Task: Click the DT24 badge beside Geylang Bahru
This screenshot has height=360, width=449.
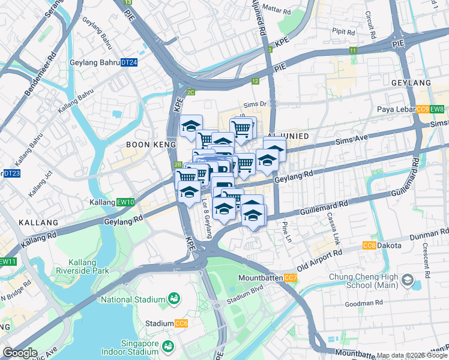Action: coord(129,62)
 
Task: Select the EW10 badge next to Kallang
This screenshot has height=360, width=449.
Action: coord(126,202)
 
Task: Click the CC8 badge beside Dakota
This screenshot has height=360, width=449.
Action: coord(369,245)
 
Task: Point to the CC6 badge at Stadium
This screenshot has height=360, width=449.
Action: coord(181,323)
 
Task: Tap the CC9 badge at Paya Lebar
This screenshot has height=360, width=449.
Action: coord(423,109)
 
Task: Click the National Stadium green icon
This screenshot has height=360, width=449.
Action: coord(174,298)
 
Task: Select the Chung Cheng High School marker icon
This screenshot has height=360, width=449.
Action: coord(408,280)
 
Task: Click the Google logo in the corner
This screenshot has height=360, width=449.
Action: coord(20,353)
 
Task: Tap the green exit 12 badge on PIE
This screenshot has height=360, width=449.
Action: coord(256,81)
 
